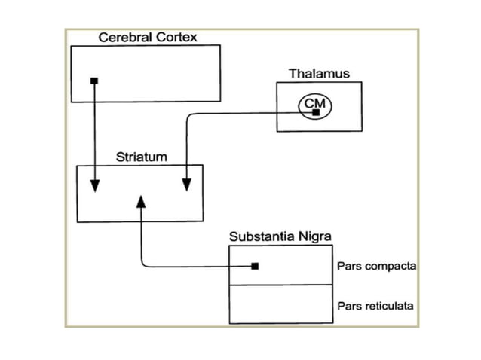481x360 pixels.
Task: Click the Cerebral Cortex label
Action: [x=148, y=37]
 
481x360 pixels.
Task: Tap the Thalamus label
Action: [x=319, y=74]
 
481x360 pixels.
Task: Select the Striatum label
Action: [x=141, y=157]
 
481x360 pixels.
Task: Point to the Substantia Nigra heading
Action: [x=280, y=237]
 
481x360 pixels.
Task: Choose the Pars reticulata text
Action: [x=374, y=306]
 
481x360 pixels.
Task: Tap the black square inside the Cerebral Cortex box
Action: [x=93, y=81]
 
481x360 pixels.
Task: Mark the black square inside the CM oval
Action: [x=316, y=112]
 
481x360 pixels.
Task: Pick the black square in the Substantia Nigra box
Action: [x=255, y=266]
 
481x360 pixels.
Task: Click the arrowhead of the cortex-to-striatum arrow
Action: [x=94, y=186]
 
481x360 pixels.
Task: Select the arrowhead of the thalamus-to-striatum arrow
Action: [x=186, y=186]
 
